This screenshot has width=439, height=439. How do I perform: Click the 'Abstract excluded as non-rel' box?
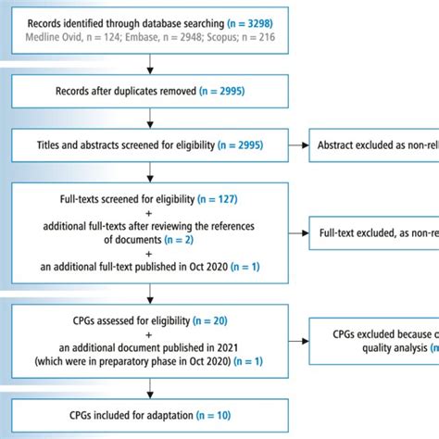tap(374, 146)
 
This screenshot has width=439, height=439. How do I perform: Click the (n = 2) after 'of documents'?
tap(176, 239)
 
